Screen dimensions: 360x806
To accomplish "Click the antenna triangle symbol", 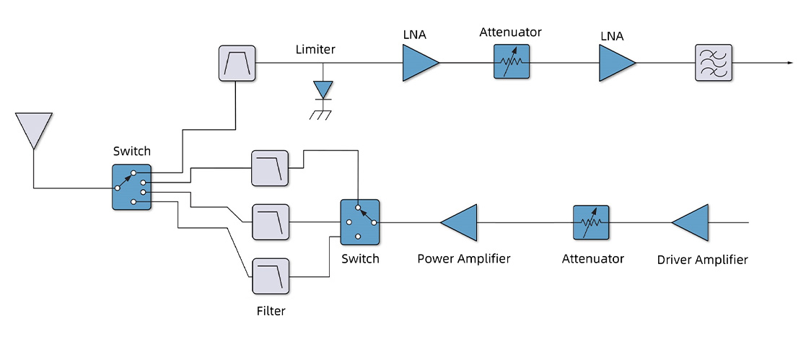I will [x=33, y=128].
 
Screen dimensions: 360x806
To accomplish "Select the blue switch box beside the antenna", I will [x=131, y=187].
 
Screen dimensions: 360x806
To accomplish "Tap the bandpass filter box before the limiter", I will [x=237, y=63].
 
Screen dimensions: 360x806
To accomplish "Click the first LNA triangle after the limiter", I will [x=419, y=63].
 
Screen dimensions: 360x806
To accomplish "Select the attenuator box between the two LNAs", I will [x=512, y=63].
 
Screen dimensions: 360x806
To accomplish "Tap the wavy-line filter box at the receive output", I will [x=713, y=63].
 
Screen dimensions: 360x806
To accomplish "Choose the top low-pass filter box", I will [x=270, y=169].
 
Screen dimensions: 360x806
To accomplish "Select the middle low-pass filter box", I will [x=271, y=222].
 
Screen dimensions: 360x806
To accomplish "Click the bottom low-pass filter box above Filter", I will [x=271, y=276].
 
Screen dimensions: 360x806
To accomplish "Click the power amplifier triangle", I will [x=460, y=223].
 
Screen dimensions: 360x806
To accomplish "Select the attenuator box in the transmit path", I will [x=592, y=223].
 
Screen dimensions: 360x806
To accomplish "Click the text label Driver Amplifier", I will [x=702, y=260].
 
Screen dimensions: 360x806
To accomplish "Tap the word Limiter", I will [x=316, y=50].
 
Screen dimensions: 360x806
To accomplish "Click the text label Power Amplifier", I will [x=464, y=258].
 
